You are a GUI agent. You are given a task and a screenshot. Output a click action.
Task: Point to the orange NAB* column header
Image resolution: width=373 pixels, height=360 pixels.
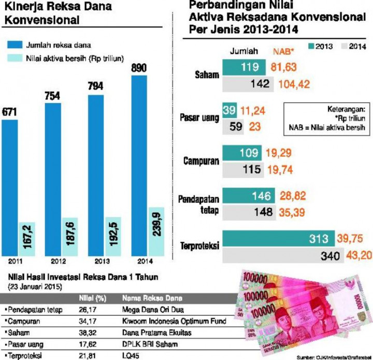284,51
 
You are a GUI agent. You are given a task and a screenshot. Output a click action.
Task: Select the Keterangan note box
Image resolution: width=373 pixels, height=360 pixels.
326,118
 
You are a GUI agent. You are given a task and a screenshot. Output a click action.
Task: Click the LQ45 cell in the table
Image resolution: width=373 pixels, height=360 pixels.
130,355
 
